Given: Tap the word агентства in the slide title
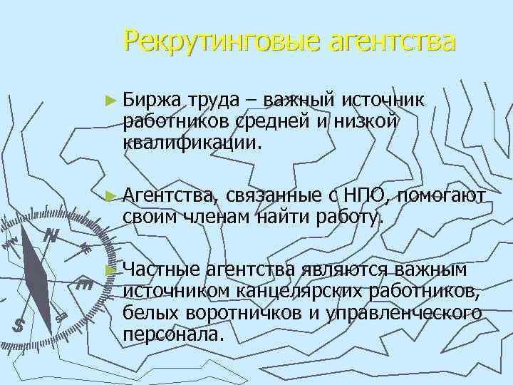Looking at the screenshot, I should tap(391, 41).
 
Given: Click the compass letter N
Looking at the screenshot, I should tap(51, 235).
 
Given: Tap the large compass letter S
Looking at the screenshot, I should tap(20, 325).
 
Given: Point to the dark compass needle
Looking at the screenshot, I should tap(36, 267).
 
